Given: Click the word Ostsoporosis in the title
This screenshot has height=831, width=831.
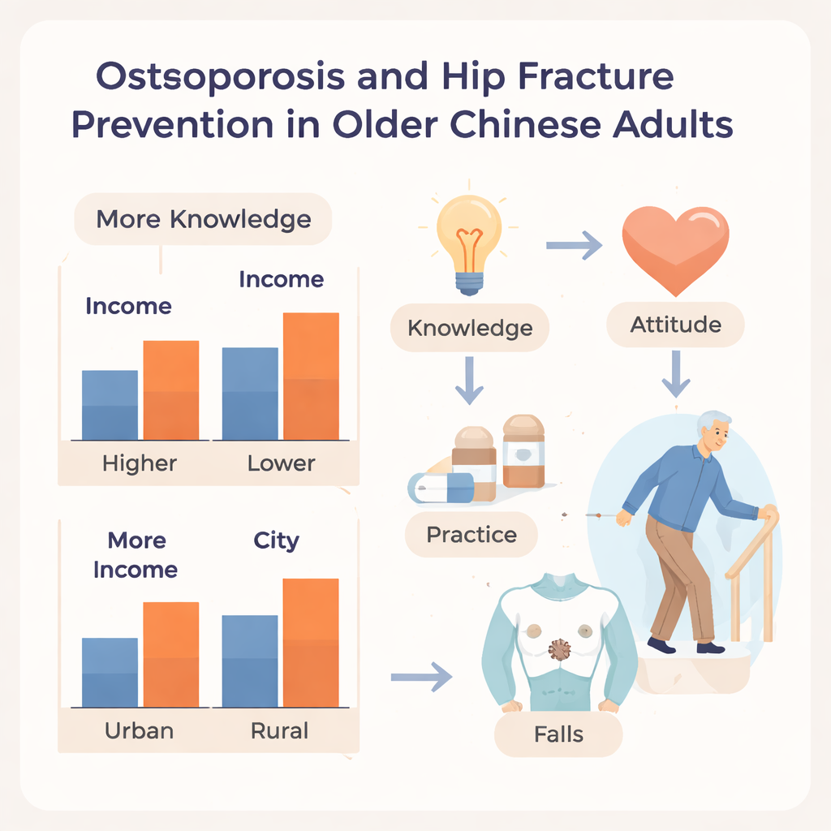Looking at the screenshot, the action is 220,77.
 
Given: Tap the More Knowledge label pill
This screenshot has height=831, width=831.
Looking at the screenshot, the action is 203,219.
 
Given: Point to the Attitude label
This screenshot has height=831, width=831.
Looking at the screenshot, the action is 675,325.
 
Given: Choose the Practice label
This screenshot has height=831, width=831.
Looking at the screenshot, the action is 471,534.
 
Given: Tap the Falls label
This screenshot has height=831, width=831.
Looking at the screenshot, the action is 558,734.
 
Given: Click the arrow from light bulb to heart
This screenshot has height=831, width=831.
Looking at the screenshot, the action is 575,245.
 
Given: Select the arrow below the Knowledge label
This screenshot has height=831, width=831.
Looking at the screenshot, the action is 469,380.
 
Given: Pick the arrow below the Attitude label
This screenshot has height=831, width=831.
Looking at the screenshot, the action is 676,373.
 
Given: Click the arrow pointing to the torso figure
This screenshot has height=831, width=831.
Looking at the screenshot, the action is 421,677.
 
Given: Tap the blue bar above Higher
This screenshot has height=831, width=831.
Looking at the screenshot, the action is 110,405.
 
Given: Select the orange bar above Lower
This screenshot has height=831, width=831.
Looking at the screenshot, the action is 311,377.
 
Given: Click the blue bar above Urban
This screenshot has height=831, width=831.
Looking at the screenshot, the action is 110,673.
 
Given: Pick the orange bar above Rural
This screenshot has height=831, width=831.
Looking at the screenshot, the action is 311,643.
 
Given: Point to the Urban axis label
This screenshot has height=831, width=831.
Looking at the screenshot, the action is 139,731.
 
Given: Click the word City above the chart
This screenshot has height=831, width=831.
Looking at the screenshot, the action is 276,541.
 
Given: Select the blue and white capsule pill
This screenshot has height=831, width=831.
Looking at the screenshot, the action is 441,488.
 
